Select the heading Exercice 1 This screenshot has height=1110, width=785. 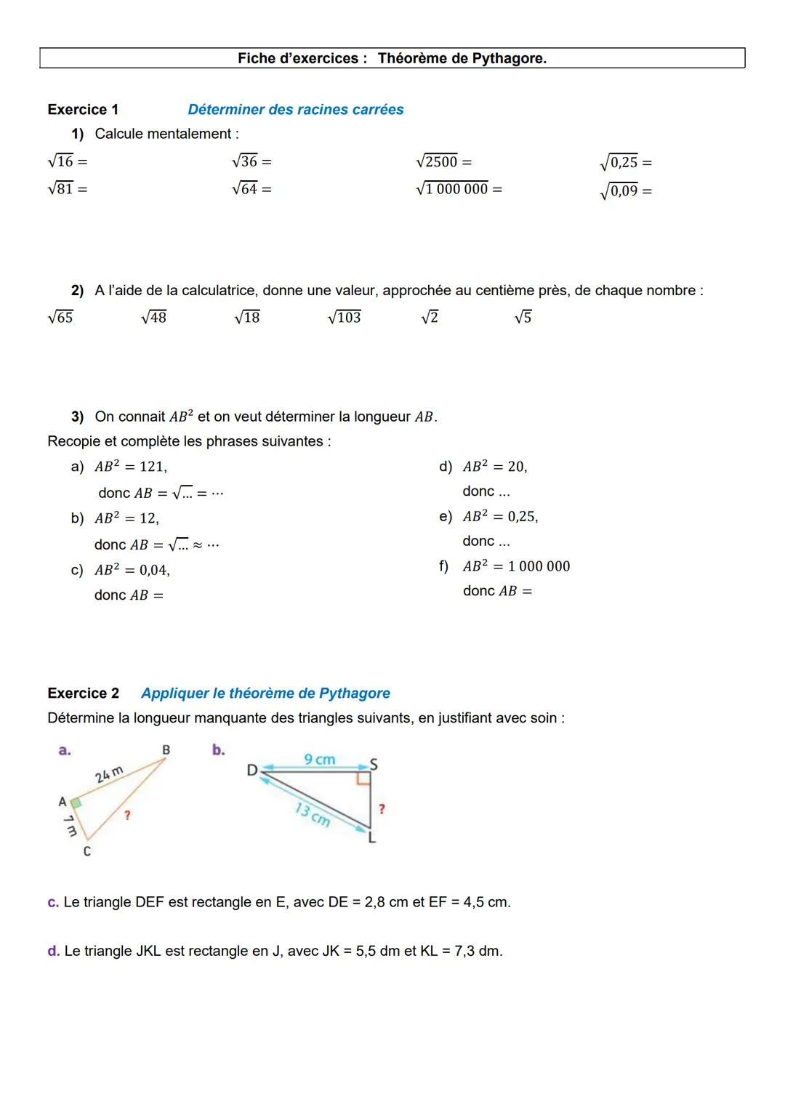pos(83,110)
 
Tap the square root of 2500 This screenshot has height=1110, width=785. pos(437,161)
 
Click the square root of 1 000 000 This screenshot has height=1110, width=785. pos(452,189)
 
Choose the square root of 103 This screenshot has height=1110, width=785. pos(345,317)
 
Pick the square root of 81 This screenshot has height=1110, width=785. pos(61,189)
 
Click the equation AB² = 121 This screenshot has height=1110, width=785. pos(131,467)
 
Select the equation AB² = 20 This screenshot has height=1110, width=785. pos(495,467)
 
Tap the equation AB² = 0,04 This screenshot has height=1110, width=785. pos(132,571)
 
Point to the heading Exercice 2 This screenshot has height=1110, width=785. pos(83,693)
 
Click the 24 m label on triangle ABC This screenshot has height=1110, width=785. pos(109,775)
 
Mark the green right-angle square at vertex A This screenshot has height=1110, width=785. pos(75,803)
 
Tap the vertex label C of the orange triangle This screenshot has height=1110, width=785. pos(87,851)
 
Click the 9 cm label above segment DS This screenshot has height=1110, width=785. pos(320,760)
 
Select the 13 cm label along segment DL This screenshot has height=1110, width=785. pos(313,814)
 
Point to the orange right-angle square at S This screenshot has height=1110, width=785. pos(363,779)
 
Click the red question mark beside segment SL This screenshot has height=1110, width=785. pos(382,809)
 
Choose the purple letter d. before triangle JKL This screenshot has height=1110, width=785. pos(53,951)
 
